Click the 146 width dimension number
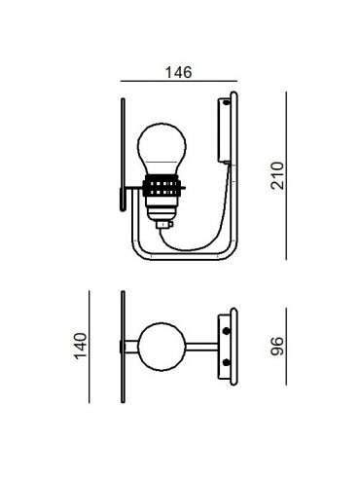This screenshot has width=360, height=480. coord(179,72)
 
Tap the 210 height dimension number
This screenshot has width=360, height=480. coord(277,175)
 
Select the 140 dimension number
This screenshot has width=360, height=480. coord(81,346)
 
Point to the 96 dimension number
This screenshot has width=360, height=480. coord(277,347)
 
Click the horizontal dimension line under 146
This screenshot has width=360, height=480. coord(179,81)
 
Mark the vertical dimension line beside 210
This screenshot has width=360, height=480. coord(286,175)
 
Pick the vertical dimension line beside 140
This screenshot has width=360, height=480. coord(90,347)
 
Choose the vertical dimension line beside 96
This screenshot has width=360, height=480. coord(286,347)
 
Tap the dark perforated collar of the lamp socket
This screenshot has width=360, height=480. coord(161,186)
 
